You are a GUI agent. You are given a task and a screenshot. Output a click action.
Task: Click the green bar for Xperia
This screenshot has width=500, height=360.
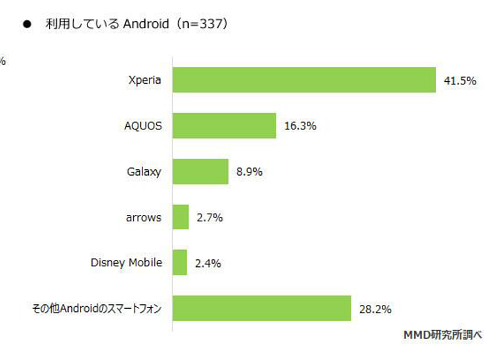(x=304, y=80)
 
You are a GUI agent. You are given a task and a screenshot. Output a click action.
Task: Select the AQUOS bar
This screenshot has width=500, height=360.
(x=224, y=126)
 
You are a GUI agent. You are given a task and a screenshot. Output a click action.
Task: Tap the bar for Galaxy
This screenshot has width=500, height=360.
(x=201, y=171)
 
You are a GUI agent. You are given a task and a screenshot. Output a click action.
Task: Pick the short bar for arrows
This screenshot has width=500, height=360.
(x=181, y=217)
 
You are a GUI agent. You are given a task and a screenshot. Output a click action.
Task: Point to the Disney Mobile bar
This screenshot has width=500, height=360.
(x=180, y=262)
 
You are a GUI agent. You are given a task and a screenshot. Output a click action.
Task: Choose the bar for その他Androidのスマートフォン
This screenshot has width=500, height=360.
(x=262, y=308)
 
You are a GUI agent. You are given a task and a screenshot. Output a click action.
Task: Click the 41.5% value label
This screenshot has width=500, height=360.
(x=460, y=81)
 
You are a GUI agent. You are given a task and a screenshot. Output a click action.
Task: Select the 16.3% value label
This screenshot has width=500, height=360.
(x=301, y=126)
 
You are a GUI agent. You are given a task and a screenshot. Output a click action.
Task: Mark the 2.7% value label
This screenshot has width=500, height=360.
(x=210, y=217)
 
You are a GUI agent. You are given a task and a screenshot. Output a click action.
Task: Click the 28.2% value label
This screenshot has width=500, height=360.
(x=375, y=309)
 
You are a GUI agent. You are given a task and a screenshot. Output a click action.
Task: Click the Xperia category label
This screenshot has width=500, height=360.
(x=144, y=80)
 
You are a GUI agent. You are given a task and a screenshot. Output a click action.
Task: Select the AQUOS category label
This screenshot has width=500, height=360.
(x=143, y=126)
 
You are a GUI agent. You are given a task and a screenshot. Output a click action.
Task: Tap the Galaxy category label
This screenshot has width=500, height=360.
(x=143, y=171)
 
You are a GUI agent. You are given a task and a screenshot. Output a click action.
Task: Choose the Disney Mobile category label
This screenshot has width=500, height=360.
(x=126, y=262)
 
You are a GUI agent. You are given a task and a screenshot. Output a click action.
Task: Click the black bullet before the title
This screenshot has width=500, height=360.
(x=26, y=25)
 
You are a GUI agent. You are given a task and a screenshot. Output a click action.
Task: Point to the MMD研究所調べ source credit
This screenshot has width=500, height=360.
(x=442, y=334)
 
